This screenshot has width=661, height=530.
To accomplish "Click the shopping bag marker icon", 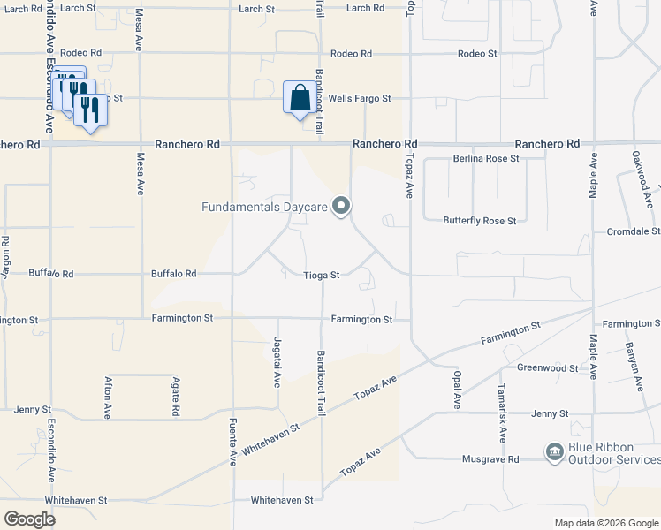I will (299, 96).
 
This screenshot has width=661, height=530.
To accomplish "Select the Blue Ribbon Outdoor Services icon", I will (554, 452).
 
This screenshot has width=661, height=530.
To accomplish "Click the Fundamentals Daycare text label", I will (265, 208).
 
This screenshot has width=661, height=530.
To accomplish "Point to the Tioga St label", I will (322, 276).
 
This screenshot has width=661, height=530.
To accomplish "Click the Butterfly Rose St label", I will (480, 220).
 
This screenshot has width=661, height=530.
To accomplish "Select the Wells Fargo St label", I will (359, 99).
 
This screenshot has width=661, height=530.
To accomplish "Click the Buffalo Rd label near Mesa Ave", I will (173, 274).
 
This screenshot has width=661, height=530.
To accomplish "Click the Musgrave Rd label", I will (490, 459).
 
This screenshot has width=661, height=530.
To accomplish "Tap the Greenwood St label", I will (547, 368).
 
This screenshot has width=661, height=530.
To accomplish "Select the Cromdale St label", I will (633, 231).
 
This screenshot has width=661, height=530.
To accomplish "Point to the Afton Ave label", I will (108, 397).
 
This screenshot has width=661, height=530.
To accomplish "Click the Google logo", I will (30, 519).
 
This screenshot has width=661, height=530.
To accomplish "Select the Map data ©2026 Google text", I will (605, 523).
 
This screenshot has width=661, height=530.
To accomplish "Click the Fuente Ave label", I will (233, 442).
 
